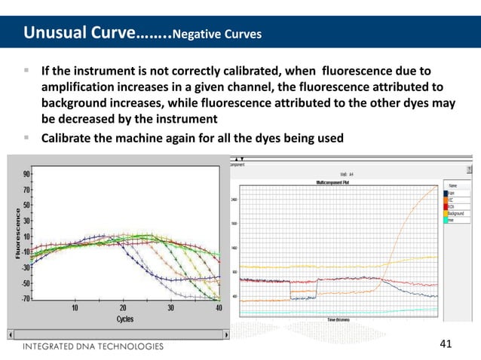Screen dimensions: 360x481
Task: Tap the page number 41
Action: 445,344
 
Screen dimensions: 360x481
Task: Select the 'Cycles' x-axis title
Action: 125,319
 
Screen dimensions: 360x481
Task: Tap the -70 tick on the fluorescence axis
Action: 24,299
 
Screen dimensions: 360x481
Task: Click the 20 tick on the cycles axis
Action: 123,307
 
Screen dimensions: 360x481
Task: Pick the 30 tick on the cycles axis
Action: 170,307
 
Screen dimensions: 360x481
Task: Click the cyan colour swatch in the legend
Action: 445,219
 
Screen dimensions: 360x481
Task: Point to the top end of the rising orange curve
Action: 436,187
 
